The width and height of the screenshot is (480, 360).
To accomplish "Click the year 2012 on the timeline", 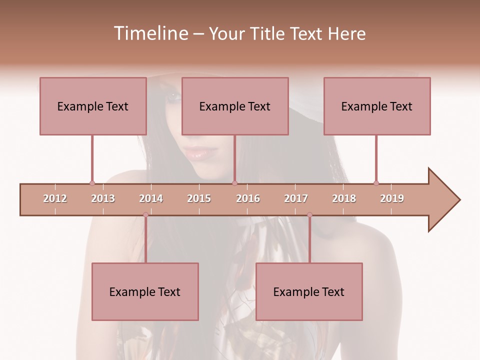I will [55, 199].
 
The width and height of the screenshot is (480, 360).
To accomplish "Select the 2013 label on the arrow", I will [103, 199].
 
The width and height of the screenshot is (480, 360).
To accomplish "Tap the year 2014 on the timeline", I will [151, 199].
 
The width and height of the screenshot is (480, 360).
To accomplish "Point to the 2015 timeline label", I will [199, 199].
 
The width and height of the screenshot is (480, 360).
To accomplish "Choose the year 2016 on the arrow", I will [248, 199].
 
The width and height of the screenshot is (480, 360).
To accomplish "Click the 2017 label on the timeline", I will [296, 199].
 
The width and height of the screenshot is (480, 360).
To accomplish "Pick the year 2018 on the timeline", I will [344, 199].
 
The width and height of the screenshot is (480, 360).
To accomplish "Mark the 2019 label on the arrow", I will [392, 199].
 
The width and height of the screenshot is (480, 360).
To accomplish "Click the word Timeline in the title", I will [149, 33].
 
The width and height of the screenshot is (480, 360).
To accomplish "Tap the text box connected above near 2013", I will [93, 106].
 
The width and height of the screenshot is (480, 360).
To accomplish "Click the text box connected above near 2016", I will [235, 106].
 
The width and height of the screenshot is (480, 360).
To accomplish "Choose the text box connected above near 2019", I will [377, 106].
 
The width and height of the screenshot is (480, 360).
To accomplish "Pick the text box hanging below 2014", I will [145, 291].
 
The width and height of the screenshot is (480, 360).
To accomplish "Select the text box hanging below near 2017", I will [309, 291].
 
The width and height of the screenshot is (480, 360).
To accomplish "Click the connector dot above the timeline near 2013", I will [92, 183].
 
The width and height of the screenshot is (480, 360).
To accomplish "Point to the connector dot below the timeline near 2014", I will [145, 215].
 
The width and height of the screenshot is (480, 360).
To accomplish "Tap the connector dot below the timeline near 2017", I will [309, 215].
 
